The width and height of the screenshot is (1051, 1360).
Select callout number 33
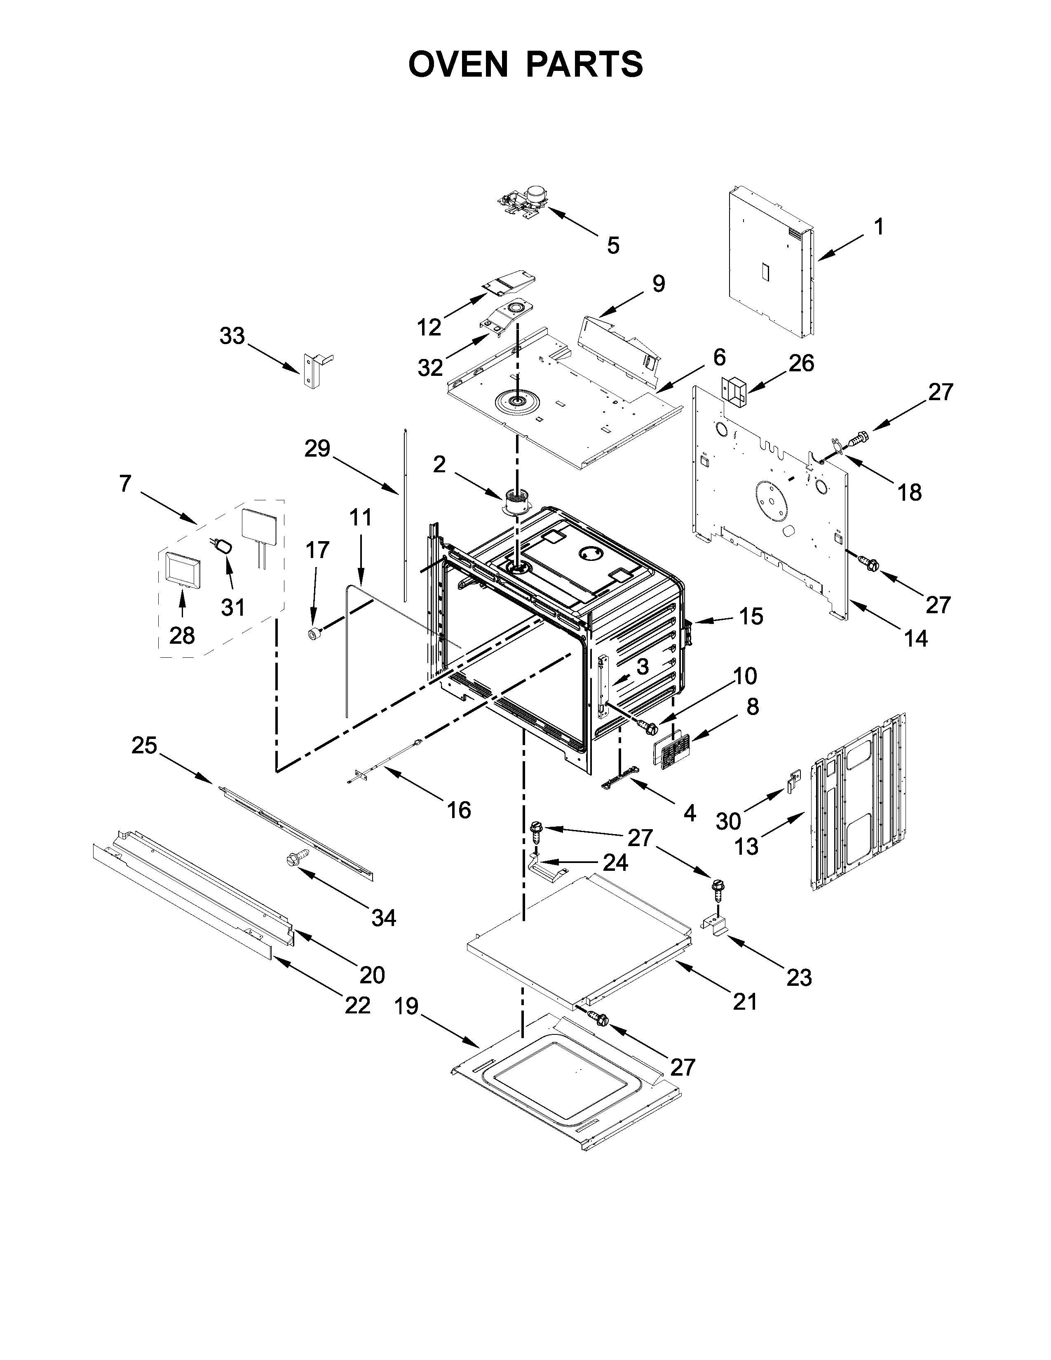click(232, 336)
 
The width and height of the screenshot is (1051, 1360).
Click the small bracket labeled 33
click(311, 370)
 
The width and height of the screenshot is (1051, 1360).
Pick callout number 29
click(317, 448)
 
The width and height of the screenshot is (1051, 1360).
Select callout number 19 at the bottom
click(406, 1007)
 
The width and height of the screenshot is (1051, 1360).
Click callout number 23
click(799, 978)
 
